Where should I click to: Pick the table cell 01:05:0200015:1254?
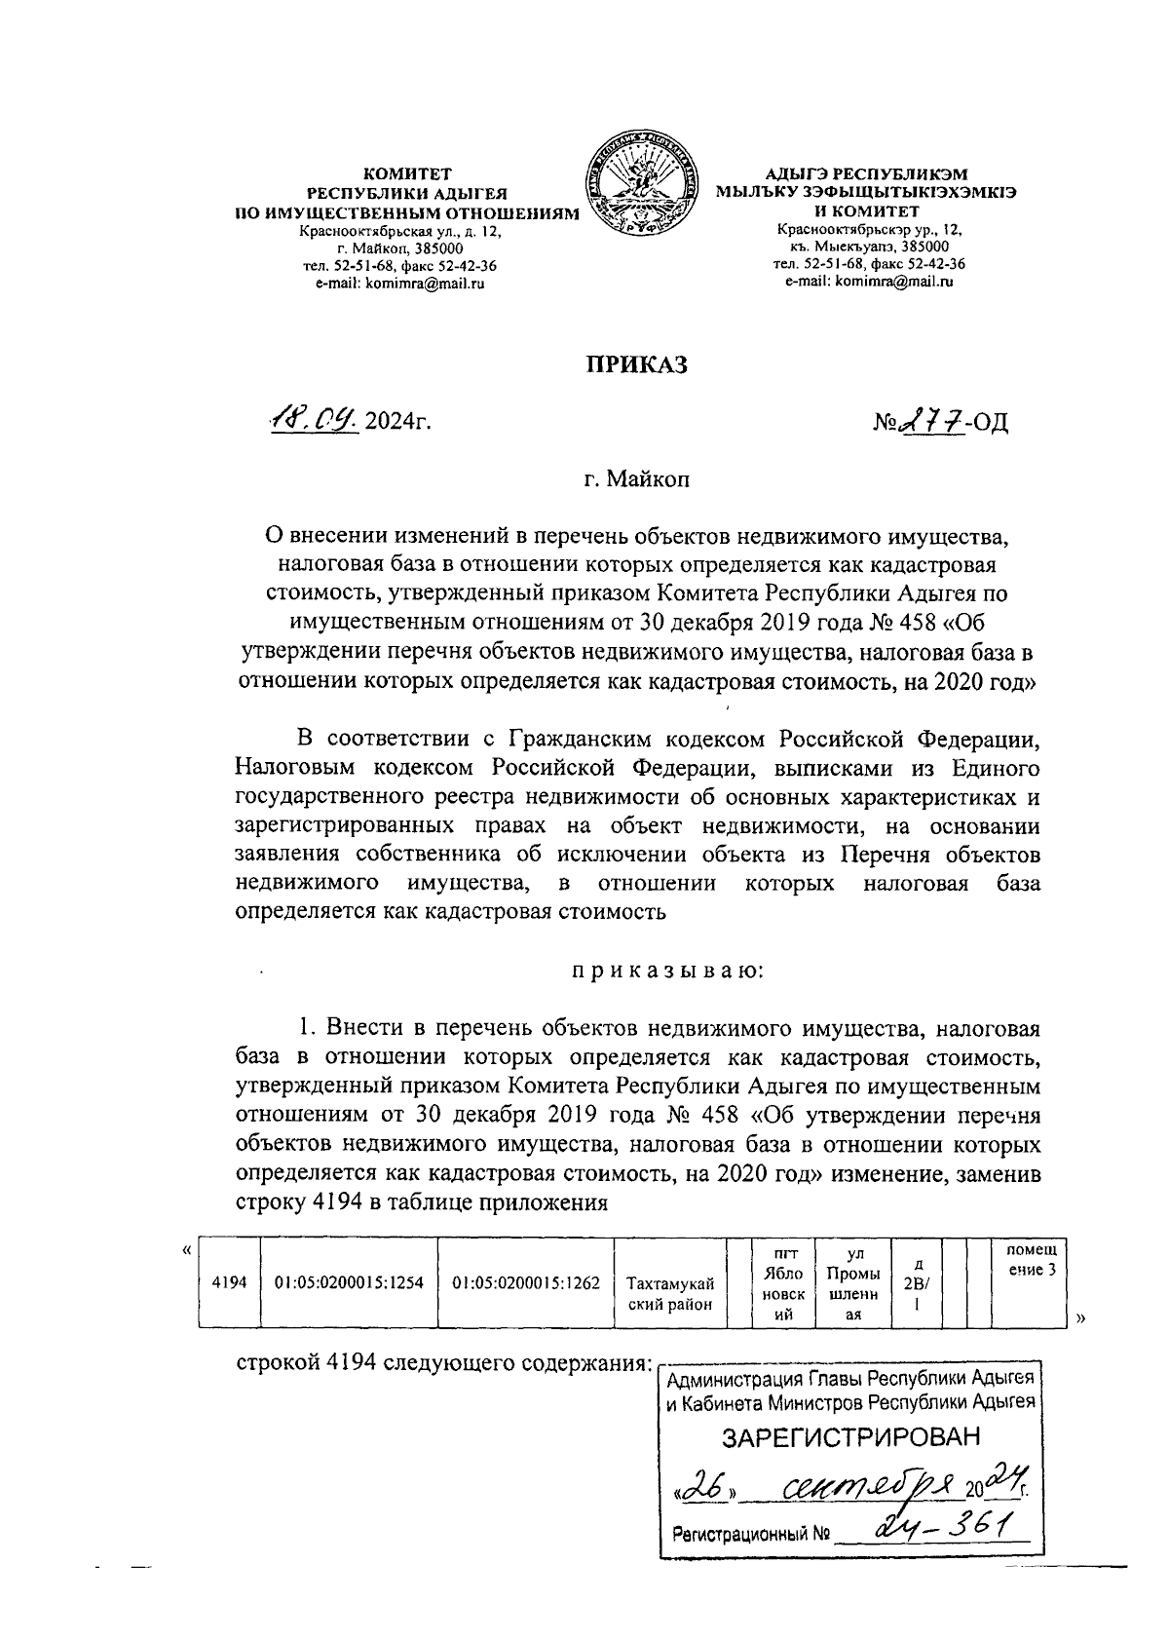coord(349,1282)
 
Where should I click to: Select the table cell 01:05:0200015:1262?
coord(526,1282)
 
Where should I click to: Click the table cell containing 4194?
coord(229,1282)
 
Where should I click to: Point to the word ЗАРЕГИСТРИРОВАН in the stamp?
coord(850,1437)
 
